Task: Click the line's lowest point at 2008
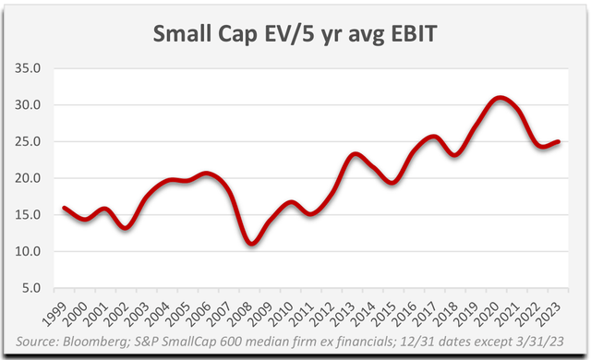[251, 244]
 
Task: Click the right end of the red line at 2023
[560, 142]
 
